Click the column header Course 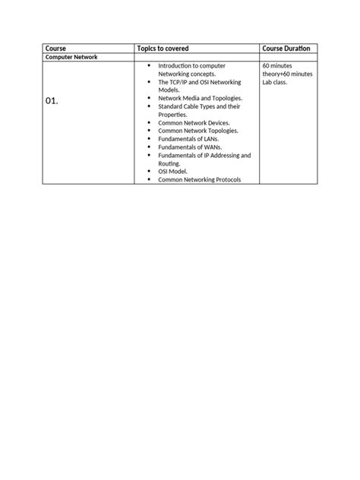(57, 48)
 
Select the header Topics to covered (163, 48)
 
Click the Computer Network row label (70, 57)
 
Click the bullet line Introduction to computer (191, 66)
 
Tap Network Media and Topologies (200, 98)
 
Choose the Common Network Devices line (194, 122)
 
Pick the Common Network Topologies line (197, 131)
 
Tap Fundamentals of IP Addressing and (204, 156)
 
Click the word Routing (169, 163)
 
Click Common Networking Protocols (199, 180)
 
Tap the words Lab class (278, 82)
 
